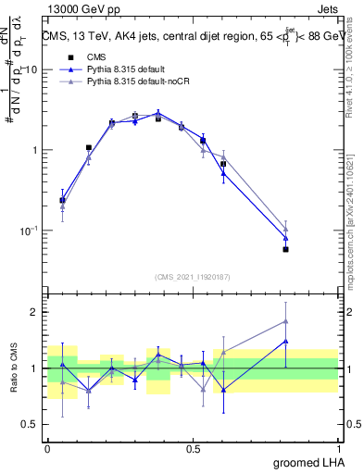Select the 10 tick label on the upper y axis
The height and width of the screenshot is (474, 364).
[x=31, y=70]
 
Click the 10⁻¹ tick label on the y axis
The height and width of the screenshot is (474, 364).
[x=28, y=230]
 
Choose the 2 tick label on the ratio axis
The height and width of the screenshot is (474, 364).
[x=35, y=312]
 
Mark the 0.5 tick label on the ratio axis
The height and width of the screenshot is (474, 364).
[x=31, y=426]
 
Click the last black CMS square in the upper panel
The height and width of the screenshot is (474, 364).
[x=285, y=249]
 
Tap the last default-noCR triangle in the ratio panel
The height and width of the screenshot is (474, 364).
[x=285, y=321]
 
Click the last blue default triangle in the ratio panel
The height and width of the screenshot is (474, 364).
[x=285, y=341]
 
